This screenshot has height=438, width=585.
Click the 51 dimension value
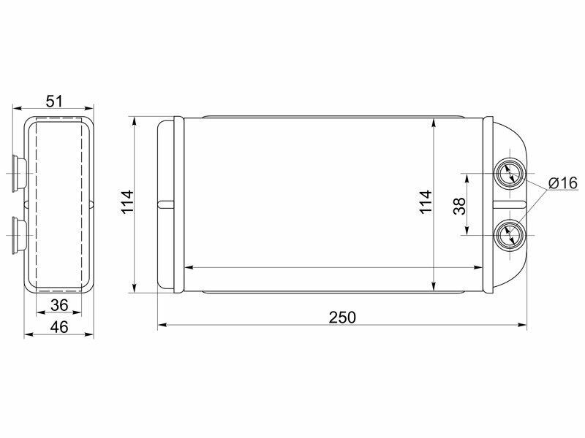click(x=54, y=101)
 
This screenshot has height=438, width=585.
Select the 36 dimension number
click(x=59, y=305)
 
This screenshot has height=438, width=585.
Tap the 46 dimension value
click(x=59, y=327)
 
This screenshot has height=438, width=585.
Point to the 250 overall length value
click(x=342, y=318)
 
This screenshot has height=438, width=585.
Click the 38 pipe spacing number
click(x=460, y=206)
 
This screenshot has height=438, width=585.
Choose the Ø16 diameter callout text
click(x=563, y=183)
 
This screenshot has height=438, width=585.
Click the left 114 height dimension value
click(x=127, y=202)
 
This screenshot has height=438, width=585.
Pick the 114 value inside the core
click(x=426, y=202)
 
